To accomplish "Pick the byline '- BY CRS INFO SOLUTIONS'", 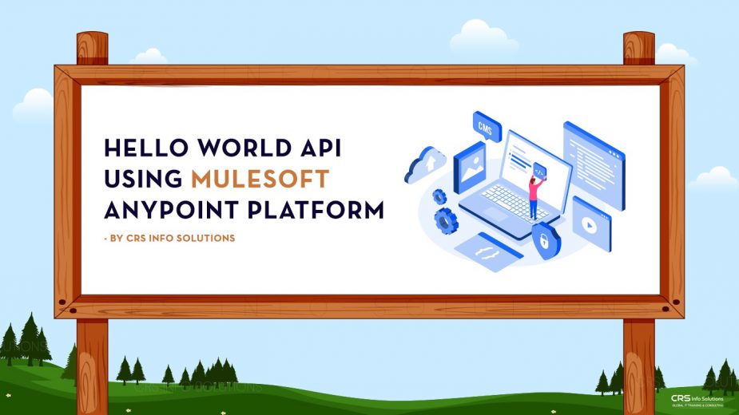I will pyautogui.click(x=169, y=238).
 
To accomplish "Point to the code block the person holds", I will pyautogui.click(x=540, y=171).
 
